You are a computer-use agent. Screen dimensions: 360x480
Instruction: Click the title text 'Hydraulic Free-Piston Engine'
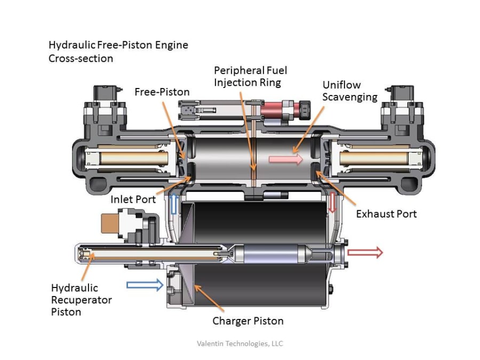[x=118, y=45]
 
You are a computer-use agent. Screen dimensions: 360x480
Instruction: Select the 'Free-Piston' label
[x=162, y=92]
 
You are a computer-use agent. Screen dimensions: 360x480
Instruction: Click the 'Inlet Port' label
[x=133, y=199]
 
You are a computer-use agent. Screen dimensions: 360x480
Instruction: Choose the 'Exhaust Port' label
[x=386, y=214]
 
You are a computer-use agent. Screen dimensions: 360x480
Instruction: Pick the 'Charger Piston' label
[x=247, y=321]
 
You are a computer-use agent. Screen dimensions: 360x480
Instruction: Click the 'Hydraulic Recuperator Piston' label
[x=81, y=300]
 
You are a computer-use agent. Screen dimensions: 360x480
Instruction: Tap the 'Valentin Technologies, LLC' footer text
[x=240, y=343]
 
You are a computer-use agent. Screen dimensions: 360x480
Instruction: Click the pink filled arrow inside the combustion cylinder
[x=285, y=159]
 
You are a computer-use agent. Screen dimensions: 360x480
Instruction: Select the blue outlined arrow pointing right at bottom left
[x=145, y=285]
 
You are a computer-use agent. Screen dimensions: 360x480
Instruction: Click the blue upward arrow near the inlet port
[x=173, y=204]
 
